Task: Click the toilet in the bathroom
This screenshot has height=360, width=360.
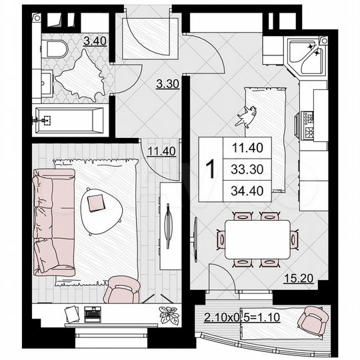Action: point(56,48)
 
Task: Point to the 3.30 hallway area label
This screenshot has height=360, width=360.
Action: point(167,84)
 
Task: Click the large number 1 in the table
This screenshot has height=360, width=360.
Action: point(209,169)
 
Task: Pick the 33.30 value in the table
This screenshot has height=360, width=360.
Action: point(243,169)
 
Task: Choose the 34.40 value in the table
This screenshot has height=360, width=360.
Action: point(243,191)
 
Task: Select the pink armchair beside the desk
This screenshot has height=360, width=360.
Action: point(121,289)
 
